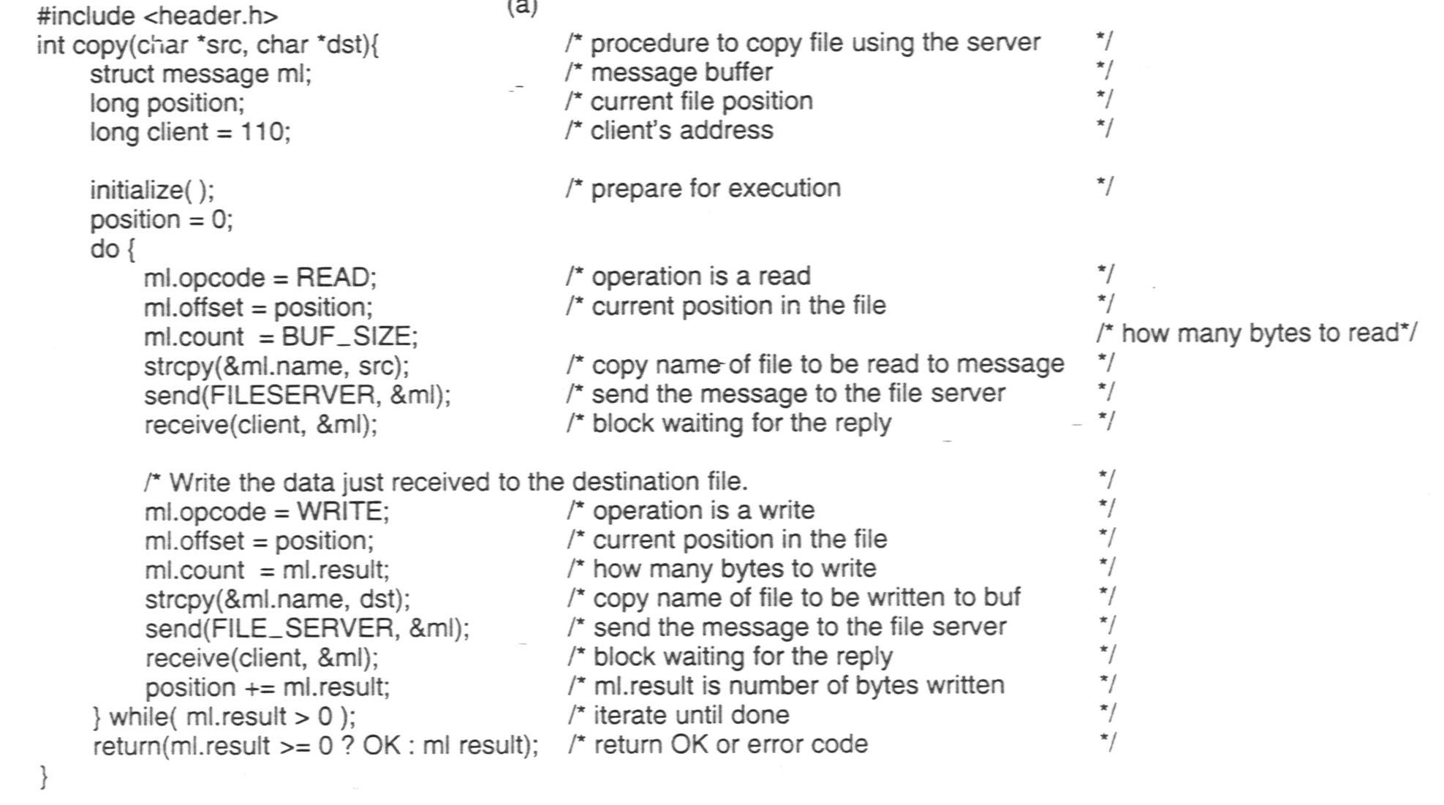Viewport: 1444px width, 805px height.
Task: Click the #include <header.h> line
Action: click(x=157, y=15)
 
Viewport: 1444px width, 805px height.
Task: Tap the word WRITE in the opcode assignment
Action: click(x=340, y=511)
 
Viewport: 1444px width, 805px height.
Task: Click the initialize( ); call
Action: click(x=152, y=190)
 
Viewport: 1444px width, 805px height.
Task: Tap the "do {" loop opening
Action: click(x=113, y=249)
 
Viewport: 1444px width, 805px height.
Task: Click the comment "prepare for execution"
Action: click(x=716, y=189)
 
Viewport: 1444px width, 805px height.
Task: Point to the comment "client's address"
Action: click(x=681, y=130)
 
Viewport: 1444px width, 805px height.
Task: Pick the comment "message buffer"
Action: click(x=681, y=72)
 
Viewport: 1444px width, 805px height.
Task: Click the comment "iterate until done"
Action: click(x=692, y=714)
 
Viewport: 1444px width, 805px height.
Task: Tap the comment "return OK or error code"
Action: click(x=731, y=744)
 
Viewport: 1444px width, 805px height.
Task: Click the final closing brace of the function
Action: click(x=43, y=776)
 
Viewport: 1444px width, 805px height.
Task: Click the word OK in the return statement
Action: click(x=382, y=745)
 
